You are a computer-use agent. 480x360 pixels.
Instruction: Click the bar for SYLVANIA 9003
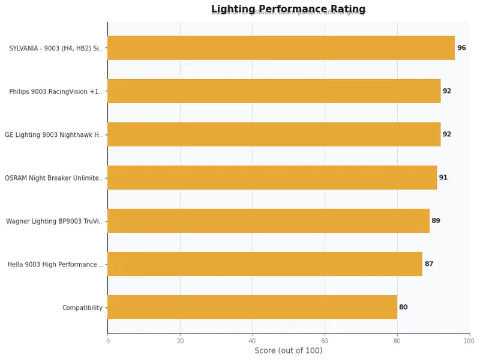(x=281, y=48)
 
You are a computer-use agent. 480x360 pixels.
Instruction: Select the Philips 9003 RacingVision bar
(x=274, y=91)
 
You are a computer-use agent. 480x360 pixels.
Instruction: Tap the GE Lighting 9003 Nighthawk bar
(x=274, y=134)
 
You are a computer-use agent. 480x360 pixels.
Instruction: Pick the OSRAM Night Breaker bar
(x=272, y=178)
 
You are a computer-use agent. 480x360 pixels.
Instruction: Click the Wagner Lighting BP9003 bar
(x=268, y=221)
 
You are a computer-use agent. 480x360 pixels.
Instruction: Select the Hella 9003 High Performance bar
(x=265, y=264)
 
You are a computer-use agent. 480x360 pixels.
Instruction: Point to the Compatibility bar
(x=252, y=307)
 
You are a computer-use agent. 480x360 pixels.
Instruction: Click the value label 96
(x=461, y=48)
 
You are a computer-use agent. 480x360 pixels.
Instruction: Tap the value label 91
(x=443, y=178)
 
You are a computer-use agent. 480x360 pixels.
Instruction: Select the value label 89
(x=436, y=221)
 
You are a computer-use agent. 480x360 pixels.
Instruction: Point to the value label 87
(x=428, y=264)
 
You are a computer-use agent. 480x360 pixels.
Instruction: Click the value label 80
(x=403, y=307)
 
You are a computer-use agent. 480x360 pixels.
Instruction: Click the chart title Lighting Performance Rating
(x=288, y=9)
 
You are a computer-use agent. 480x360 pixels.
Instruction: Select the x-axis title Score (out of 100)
(x=288, y=350)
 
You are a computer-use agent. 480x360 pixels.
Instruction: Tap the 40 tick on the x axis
(x=252, y=341)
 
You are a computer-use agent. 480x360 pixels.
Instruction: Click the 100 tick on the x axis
(x=469, y=341)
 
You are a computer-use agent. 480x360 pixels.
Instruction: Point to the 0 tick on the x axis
(x=108, y=341)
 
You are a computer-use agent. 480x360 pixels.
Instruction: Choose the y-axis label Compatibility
(x=82, y=308)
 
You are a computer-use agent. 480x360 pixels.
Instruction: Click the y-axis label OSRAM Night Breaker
(x=54, y=178)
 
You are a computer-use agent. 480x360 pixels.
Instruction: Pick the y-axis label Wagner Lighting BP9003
(x=55, y=221)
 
